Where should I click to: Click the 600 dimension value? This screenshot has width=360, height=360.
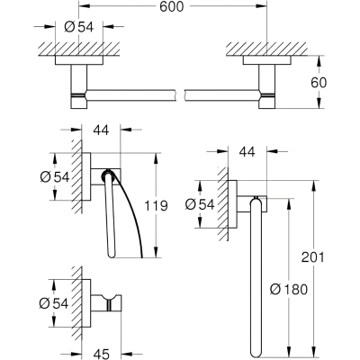(171, 6)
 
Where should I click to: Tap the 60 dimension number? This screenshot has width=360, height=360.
(319, 83)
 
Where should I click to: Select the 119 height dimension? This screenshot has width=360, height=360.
(156, 206)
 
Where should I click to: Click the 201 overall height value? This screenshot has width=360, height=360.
(313, 257)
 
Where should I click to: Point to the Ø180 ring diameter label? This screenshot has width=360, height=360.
(289, 290)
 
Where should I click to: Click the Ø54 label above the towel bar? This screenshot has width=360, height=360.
(79, 27)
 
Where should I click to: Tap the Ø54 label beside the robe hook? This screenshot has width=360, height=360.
(54, 303)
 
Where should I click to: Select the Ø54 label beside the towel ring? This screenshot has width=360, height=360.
(200, 204)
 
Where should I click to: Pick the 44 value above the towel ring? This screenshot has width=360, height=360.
(247, 151)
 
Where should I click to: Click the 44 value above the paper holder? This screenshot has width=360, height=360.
(101, 130)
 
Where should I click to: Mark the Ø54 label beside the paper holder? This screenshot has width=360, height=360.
(55, 177)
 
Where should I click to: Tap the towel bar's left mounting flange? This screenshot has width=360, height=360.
(79, 60)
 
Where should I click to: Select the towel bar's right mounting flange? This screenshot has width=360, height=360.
(267, 60)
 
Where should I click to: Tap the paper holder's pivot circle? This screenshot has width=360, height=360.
(107, 175)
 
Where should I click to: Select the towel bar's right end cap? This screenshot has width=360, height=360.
(267, 102)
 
